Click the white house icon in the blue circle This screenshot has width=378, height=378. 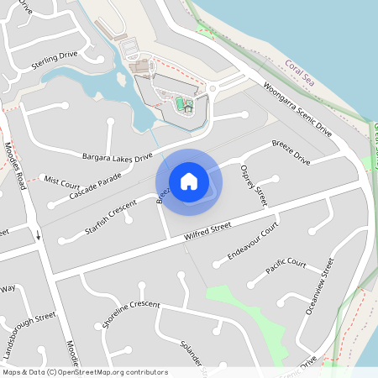pyautogui.click(x=189, y=181)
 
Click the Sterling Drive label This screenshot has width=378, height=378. pyautogui.click(x=54, y=57)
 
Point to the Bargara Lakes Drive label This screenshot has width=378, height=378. pyautogui.click(x=117, y=157)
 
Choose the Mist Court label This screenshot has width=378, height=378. pyautogui.click(x=61, y=181)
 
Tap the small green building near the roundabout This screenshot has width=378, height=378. pyautogui.click(x=180, y=102)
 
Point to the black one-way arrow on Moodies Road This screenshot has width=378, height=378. pyautogui.click(x=37, y=234)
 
